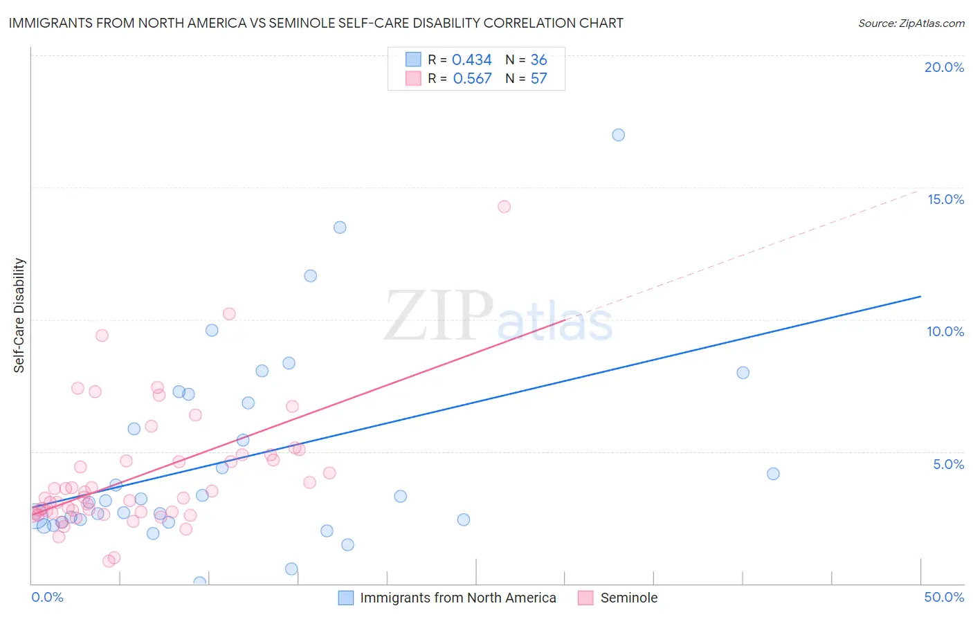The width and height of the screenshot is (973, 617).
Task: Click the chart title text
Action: click(316, 23)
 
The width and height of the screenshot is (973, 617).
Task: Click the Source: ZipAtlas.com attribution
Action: click(911, 23)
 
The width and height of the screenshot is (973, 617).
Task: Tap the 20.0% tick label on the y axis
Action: click(944, 67)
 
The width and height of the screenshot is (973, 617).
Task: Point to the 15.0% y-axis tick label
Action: click(945, 199)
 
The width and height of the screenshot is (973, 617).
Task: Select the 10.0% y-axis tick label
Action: click(945, 331)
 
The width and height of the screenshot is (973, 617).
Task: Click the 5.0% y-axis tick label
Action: click(948, 464)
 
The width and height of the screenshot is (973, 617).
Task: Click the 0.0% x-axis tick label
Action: click(47, 597)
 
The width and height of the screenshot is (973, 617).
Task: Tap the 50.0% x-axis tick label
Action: click(944, 597)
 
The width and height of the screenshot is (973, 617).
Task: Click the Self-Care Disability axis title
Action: click(19, 315)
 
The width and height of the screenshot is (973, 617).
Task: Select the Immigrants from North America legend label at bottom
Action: click(457, 598)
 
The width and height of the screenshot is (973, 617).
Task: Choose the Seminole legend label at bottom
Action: click(628, 598)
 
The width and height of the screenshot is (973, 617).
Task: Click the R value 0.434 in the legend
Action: click(471, 60)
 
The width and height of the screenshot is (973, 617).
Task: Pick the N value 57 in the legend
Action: click(538, 79)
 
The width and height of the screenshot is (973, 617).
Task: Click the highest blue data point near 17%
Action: click(618, 135)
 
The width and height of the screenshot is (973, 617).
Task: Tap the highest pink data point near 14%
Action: click(504, 207)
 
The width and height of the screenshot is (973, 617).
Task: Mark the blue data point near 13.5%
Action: click(340, 228)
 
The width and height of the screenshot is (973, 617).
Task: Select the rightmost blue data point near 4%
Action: click(773, 474)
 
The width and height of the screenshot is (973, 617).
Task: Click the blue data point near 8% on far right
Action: click(743, 373)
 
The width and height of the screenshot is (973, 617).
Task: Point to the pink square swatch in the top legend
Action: click(413, 79)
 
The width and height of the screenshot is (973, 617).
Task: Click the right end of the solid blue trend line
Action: click(920, 296)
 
